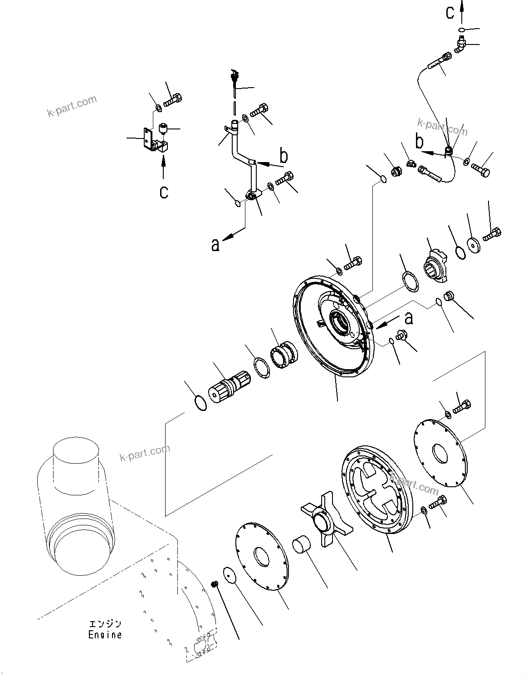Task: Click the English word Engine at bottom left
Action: (x=105, y=635)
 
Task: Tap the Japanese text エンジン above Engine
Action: (x=105, y=625)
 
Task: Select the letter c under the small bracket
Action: (x=164, y=192)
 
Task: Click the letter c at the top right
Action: (x=450, y=13)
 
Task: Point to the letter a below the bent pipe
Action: (x=215, y=245)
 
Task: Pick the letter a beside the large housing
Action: (x=408, y=318)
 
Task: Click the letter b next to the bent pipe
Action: (x=283, y=157)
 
